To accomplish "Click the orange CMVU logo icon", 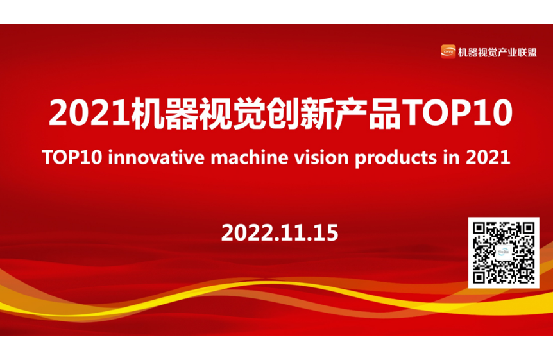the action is point(448,51).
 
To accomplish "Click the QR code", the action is point(504,253).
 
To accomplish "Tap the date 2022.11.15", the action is point(280,232).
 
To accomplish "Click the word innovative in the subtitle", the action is point(157,157).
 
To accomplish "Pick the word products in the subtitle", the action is point(396,158).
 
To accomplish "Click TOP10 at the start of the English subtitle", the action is point(72,157).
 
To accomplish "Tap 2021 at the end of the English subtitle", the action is point(488,157).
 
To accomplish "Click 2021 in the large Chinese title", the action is point(90,112).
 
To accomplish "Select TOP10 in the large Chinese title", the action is point(457,112).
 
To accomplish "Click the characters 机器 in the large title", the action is point(164,112).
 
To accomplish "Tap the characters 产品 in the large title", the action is point(367,112).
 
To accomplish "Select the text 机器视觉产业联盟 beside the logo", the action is point(497,52).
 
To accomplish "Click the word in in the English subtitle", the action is point(452,157).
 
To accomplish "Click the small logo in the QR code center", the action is point(504,253).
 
